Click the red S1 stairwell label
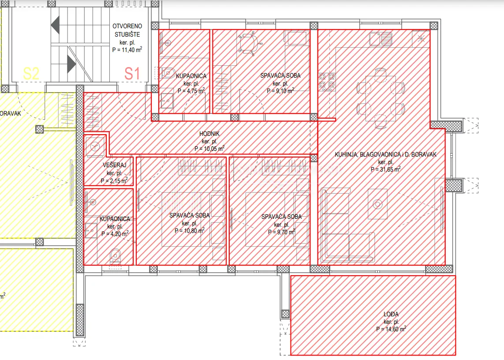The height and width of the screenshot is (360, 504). click(x=132, y=74)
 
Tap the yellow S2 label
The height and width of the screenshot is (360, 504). click(x=31, y=74)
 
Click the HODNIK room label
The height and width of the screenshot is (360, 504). click(x=209, y=134)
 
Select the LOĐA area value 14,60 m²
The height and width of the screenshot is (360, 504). click(x=391, y=329)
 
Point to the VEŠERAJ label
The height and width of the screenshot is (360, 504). click(x=115, y=165)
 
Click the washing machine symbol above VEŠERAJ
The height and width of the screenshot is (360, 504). click(x=95, y=146)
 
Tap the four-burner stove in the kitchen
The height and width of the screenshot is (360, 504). click(x=327, y=81)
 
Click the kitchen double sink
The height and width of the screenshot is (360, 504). click(x=381, y=39)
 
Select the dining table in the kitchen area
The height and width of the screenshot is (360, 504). click(x=381, y=98)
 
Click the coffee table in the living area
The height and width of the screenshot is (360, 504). click(x=378, y=204)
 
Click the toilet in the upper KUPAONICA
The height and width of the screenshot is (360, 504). click(x=168, y=73)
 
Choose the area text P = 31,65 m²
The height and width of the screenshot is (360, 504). click(x=385, y=169)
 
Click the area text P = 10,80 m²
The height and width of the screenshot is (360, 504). click(x=189, y=231)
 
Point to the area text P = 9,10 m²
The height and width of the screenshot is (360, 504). click(x=280, y=91)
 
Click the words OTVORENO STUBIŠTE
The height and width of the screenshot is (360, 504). click(x=127, y=30)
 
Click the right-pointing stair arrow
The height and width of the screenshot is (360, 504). click(x=71, y=64)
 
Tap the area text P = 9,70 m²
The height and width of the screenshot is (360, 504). click(x=282, y=232)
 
